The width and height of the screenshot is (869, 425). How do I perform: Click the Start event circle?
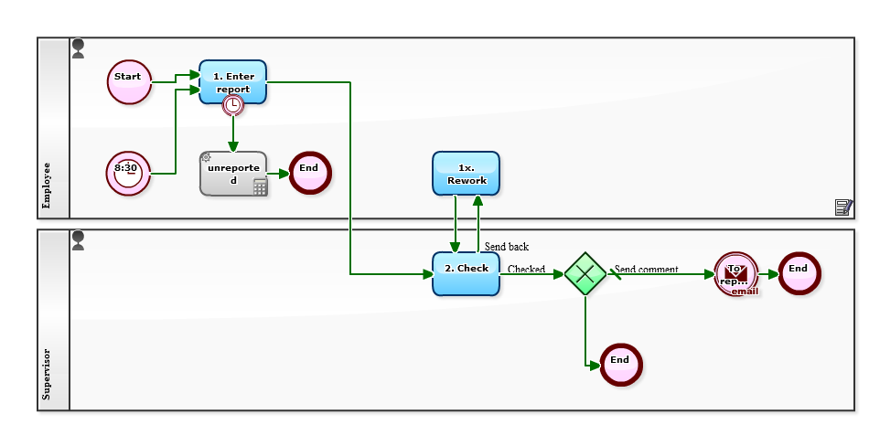point(129,81)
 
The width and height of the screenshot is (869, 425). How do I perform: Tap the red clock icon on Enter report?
point(233,106)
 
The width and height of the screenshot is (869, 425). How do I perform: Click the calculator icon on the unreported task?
point(260,187)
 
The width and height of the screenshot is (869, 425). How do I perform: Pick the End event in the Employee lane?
point(310,172)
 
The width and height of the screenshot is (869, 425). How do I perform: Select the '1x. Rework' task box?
point(466,174)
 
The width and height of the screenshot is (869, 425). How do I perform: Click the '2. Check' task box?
point(466,273)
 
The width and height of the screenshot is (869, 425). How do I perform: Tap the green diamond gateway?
point(585,273)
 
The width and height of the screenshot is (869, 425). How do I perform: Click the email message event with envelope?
point(736,273)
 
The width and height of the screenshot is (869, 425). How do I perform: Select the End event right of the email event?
point(799,273)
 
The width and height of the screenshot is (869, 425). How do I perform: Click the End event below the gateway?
point(621,365)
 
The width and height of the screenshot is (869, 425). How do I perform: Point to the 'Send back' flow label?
point(507,247)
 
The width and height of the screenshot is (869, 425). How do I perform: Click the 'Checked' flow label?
point(526,269)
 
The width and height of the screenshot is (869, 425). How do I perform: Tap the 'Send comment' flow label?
point(647,269)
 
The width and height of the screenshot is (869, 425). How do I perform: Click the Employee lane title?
point(47,186)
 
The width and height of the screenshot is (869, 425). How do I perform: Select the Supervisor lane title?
point(47,374)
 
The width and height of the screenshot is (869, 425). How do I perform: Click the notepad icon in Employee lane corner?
point(843,207)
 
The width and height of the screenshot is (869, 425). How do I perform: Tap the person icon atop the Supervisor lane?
point(78,239)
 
